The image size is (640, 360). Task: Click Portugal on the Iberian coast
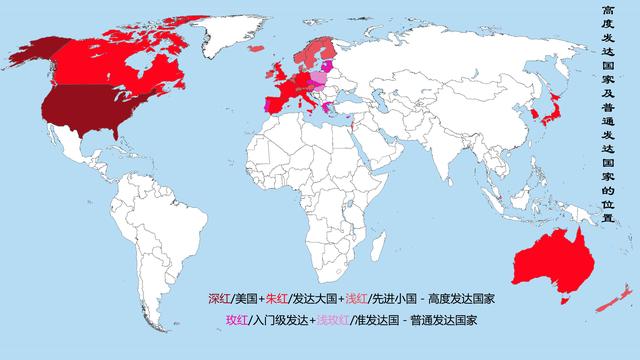click(268, 106)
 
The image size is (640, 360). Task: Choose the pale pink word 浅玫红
click(330, 320)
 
